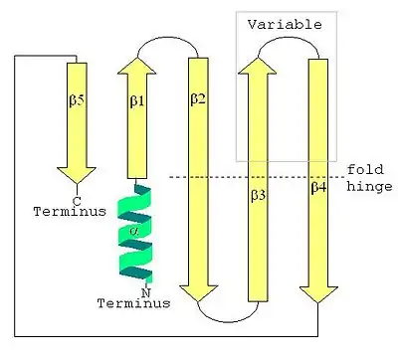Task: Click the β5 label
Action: (x=77, y=100)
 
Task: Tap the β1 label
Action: (x=137, y=101)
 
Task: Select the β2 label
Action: (x=198, y=98)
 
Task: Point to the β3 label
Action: (x=258, y=195)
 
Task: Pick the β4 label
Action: (x=318, y=187)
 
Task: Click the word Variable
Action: (x=285, y=25)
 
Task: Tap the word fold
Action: (x=365, y=169)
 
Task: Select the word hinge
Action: (x=369, y=187)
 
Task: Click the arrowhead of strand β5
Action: (x=77, y=175)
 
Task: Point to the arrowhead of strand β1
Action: (x=136, y=66)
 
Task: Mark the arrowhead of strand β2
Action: (x=198, y=293)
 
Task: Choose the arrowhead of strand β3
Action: (x=258, y=66)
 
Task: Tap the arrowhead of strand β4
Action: (x=318, y=294)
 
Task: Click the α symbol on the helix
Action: (x=134, y=232)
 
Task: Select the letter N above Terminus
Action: (x=146, y=292)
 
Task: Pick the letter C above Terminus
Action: (x=77, y=201)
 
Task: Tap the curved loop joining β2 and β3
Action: (x=228, y=321)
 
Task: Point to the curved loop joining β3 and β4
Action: (x=288, y=38)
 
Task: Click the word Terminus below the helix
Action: (x=133, y=303)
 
